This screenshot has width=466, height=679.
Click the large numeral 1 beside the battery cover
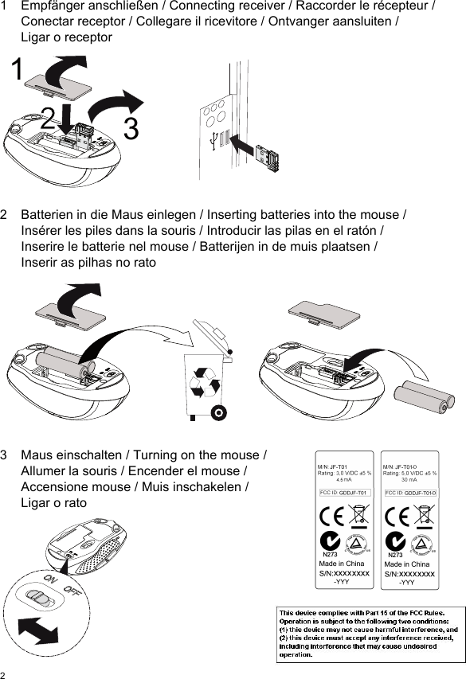[x=16, y=70]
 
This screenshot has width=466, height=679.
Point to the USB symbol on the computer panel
[x=211, y=141]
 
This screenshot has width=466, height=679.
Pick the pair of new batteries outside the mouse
[x=425, y=396]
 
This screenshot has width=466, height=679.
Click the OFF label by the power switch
[x=73, y=591]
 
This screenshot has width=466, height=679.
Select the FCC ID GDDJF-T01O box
[x=410, y=493]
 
